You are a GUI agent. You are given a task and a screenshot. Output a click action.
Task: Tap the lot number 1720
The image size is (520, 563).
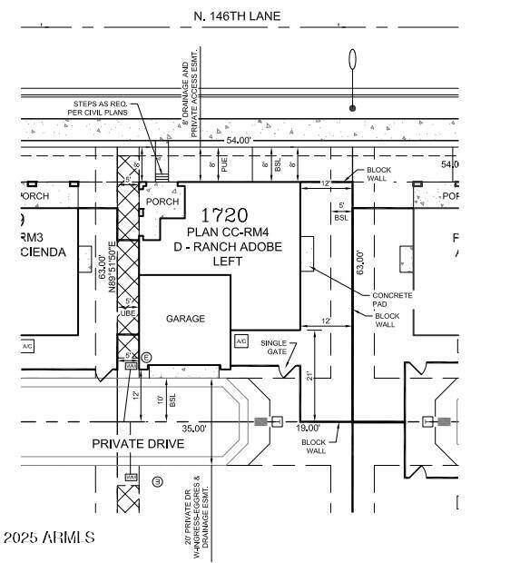224,215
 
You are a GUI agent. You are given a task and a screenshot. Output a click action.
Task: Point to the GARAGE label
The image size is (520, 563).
185,319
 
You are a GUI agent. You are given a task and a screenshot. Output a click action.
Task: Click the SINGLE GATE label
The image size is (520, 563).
273,348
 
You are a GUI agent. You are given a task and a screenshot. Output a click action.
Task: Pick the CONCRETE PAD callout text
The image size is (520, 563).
392,301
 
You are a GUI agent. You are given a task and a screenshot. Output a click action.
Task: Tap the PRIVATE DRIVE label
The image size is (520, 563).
138,444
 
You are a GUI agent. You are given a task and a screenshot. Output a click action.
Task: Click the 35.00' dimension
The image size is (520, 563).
194,428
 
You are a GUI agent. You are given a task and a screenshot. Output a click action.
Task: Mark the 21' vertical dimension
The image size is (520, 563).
309,375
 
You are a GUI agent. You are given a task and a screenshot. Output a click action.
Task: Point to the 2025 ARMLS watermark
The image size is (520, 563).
49,538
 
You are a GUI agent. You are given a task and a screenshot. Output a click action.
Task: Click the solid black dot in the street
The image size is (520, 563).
352,108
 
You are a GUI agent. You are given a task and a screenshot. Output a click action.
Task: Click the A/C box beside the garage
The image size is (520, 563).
240,341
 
